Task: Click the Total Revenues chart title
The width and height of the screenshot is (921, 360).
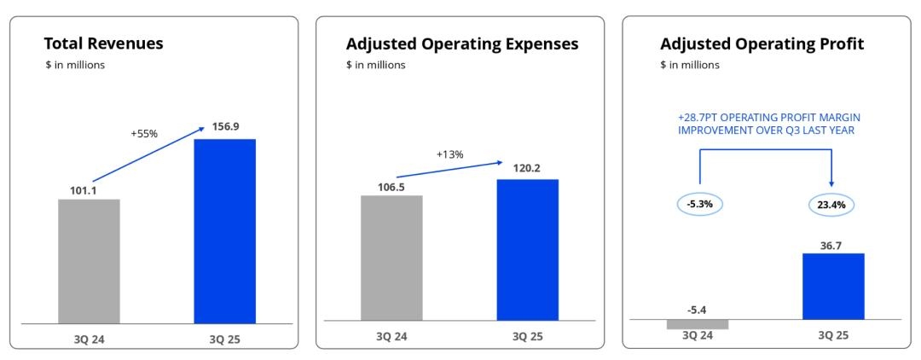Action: click(103, 44)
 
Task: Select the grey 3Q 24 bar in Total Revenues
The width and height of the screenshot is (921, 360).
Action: click(89, 261)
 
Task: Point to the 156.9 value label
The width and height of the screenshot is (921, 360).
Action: click(225, 126)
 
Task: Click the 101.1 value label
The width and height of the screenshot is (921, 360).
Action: click(83, 190)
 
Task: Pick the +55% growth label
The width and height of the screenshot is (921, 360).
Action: click(145, 134)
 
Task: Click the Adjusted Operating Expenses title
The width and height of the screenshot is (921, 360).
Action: click(462, 44)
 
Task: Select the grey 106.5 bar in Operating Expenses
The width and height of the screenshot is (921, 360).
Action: click(391, 258)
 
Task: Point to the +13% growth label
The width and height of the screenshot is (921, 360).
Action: click(449, 154)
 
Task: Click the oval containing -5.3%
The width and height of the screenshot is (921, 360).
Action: click(699, 205)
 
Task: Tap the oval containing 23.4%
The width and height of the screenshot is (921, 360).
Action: click(831, 205)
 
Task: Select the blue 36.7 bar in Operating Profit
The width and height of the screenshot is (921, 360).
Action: click(833, 286)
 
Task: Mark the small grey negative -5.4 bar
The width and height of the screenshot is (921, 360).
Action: click(698, 324)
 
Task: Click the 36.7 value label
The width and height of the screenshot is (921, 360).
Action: click(832, 244)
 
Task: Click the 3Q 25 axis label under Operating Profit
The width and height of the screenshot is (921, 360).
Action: click(832, 335)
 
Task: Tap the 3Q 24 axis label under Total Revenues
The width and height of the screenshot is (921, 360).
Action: click(90, 338)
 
